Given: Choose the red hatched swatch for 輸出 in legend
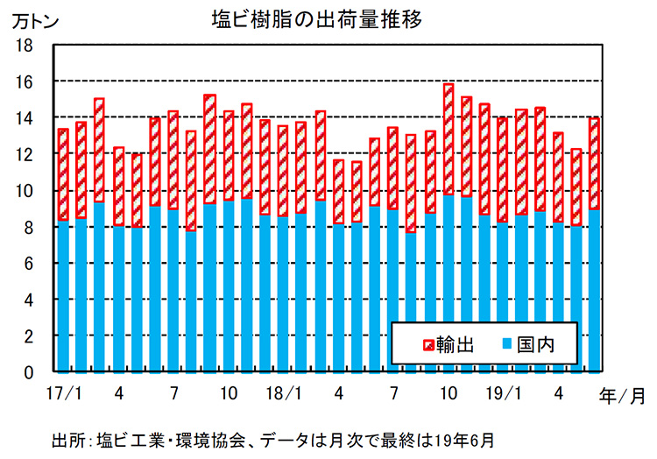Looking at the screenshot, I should click(428, 344).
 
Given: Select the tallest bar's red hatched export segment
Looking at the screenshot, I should click(449, 139).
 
